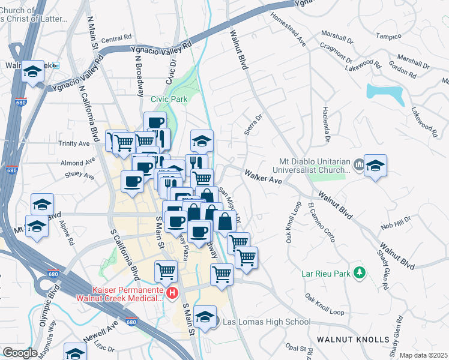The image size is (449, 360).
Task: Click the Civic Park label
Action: point(169,99)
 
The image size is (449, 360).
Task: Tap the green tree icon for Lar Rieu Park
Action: point(360,273)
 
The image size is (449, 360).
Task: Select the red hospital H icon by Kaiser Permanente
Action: point(173,293)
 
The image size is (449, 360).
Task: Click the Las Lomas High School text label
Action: point(267,322)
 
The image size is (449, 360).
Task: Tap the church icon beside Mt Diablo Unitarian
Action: point(359,164)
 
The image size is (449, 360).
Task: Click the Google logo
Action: point(20,353)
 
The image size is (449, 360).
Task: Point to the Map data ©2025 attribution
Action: point(423,355)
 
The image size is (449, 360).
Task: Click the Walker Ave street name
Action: point(263,177)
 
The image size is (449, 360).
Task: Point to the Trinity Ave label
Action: point(74,143)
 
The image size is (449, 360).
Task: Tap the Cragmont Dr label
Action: point(335,53)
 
